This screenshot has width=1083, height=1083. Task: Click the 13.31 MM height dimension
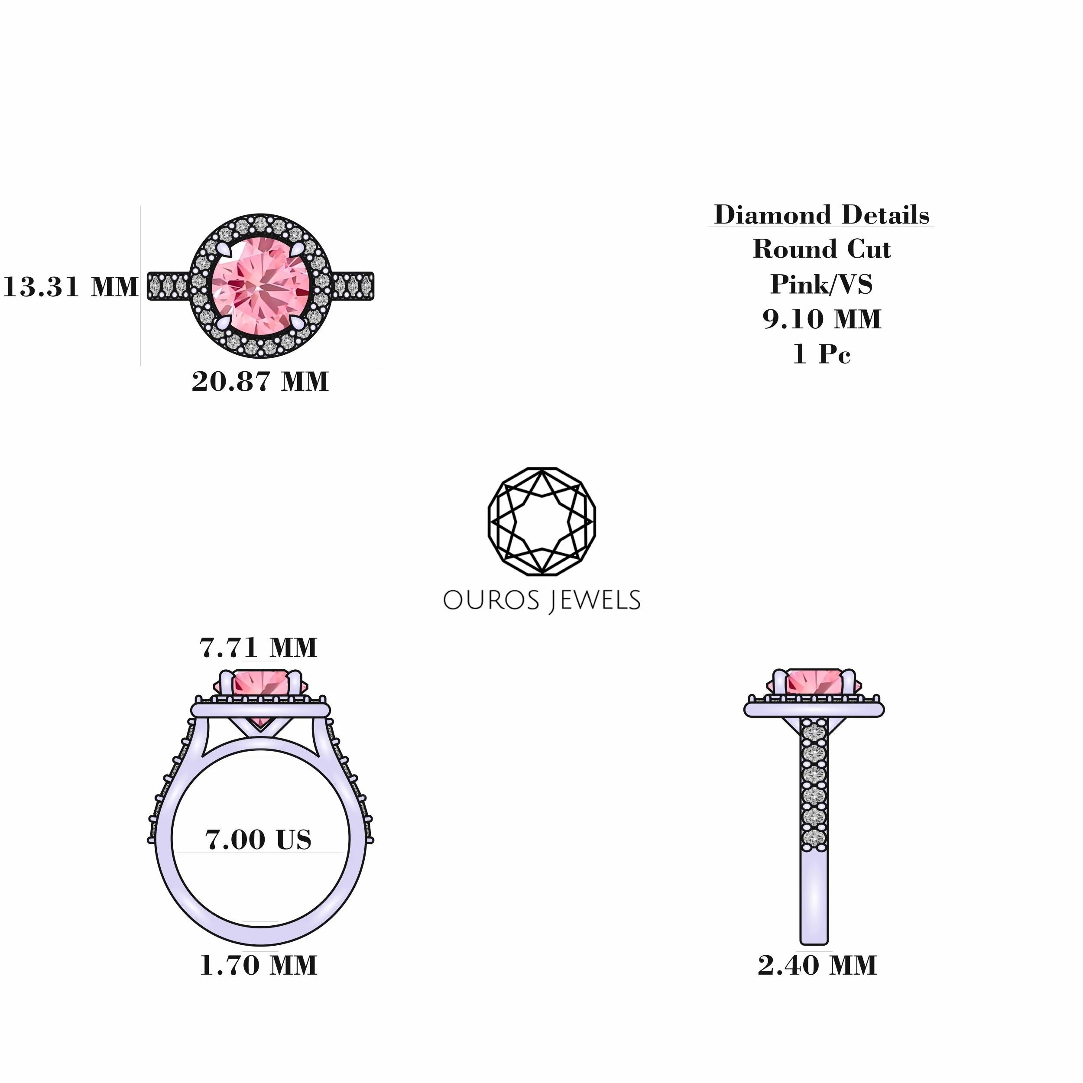click(71, 287)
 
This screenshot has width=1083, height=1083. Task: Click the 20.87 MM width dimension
click(260, 382)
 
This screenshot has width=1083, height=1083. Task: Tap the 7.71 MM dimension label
click(259, 648)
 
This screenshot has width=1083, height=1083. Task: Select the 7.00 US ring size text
click(259, 840)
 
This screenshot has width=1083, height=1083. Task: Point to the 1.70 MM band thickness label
click(259, 965)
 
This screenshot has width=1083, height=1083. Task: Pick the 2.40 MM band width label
click(817, 965)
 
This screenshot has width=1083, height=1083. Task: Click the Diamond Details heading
click(822, 215)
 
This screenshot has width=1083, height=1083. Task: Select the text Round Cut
click(822, 249)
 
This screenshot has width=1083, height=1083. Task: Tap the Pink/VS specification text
click(822, 284)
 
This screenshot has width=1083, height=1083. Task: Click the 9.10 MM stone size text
click(822, 319)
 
